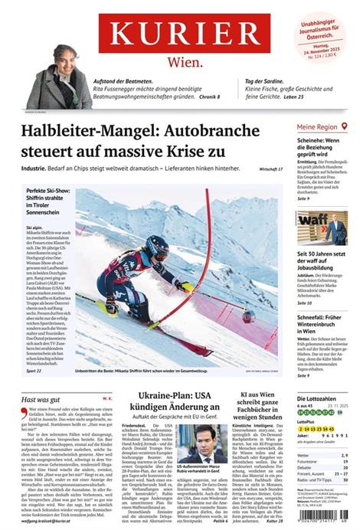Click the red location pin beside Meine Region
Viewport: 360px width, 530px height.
tap(345, 126)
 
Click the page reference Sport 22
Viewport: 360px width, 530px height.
tap(34, 370)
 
